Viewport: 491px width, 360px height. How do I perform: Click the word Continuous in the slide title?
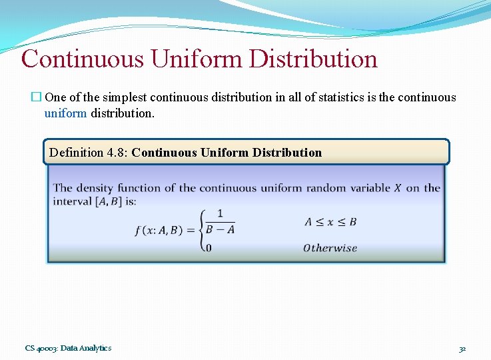click(x=83, y=59)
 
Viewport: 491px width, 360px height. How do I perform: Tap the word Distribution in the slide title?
click(x=313, y=59)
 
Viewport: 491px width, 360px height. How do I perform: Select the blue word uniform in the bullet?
click(x=65, y=113)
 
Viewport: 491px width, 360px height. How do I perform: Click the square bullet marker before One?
click(x=37, y=97)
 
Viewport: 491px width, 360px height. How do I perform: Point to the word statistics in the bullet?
click(x=350, y=97)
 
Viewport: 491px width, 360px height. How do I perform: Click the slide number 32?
click(x=462, y=348)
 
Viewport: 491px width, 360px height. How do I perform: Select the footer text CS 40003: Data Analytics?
click(x=69, y=348)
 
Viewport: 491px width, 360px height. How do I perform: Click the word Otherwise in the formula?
click(x=330, y=248)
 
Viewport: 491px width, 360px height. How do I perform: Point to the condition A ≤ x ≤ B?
click(x=330, y=222)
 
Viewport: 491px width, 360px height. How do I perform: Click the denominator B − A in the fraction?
click(x=220, y=230)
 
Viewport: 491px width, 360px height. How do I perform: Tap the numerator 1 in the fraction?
click(x=220, y=214)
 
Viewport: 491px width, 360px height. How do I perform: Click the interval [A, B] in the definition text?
click(x=107, y=201)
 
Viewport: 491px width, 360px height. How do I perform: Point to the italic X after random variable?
click(x=397, y=188)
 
